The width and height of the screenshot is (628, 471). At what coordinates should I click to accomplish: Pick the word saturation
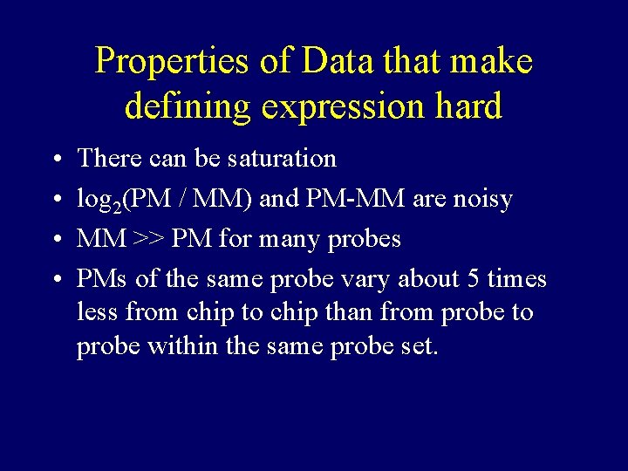[281, 159]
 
